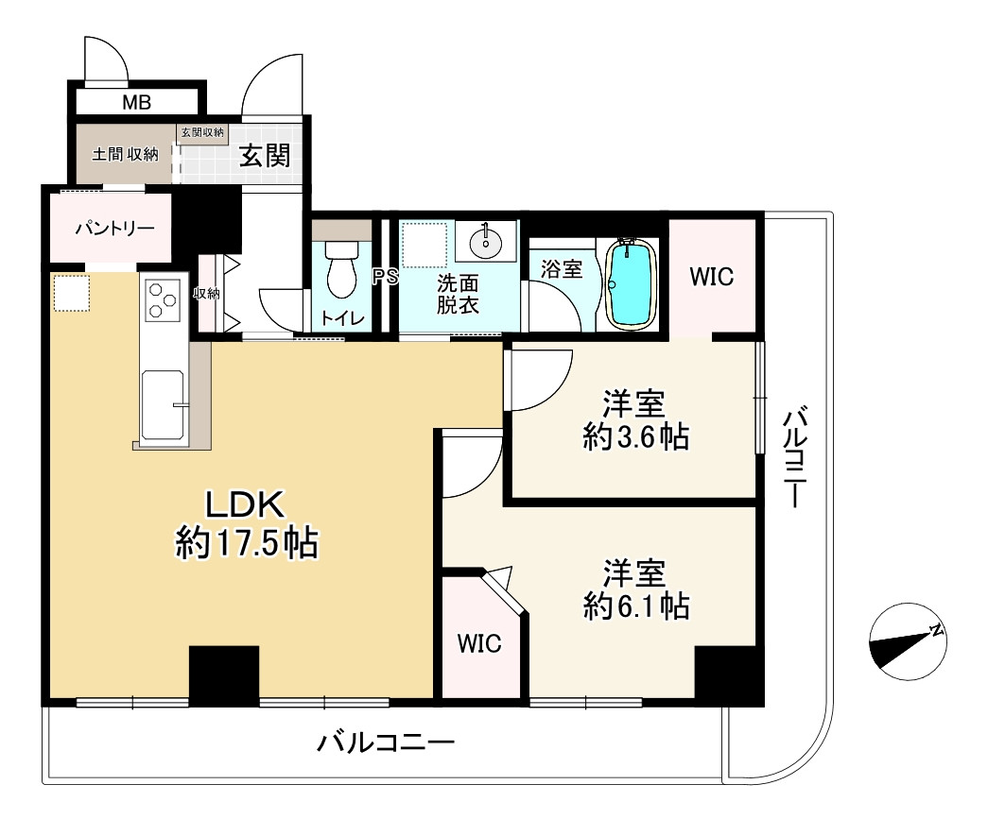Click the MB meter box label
pos(136,102)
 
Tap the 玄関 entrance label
pos(265,156)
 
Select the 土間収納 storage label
pos(125,154)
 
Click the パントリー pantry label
pos(114,228)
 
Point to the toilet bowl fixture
pos(341,269)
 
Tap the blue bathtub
pos(632,284)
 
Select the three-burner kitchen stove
pos(163,300)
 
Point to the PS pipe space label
pos(386,277)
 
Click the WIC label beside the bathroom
pos(712,277)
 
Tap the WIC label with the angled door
pos(479,643)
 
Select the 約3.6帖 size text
pos(636,438)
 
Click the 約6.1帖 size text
pos(636,606)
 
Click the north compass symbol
pos(908,641)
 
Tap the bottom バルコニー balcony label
pos(386,742)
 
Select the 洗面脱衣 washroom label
pos(458,294)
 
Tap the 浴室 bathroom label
pos(562,269)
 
